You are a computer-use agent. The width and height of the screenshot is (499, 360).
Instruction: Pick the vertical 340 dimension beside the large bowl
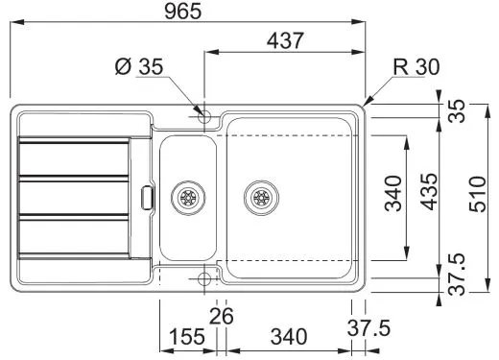tap(392, 195)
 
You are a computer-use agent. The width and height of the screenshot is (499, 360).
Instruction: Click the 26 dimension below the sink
tap(222, 314)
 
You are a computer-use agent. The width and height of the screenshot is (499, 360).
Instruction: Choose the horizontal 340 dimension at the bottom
tap(288, 337)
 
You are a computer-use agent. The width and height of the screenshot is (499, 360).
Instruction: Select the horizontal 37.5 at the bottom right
tap(368, 328)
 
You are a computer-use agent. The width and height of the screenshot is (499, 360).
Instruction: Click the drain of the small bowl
tap(186, 198)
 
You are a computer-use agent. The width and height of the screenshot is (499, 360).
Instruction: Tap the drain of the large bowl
tap(259, 198)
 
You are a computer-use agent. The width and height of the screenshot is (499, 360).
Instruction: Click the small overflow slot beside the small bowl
tap(145, 196)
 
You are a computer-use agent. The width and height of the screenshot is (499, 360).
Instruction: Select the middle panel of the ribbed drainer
tap(74, 196)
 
